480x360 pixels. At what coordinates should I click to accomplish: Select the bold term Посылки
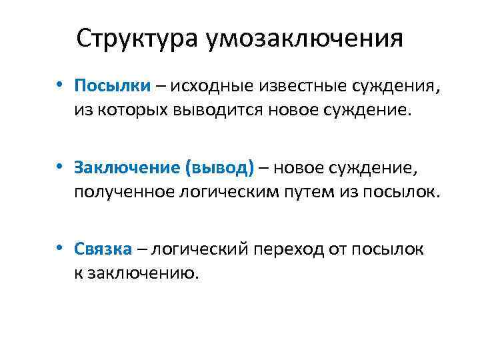113,86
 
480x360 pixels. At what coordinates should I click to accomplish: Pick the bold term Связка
103,250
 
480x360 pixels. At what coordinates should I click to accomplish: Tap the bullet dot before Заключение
60,167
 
